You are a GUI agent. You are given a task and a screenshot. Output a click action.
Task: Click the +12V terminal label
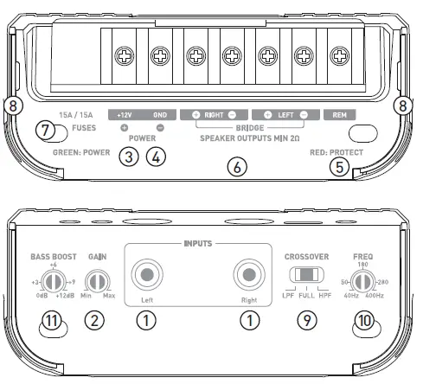125,114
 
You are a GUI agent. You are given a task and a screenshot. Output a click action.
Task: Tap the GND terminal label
159,114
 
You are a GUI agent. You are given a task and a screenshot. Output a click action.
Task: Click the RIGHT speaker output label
214,114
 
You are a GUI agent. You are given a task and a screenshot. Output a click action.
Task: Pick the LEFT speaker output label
285,114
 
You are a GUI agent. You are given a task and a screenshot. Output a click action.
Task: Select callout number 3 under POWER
129,157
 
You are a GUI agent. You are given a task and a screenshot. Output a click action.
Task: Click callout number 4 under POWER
155,157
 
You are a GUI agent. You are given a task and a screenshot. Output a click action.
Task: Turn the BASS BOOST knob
54,282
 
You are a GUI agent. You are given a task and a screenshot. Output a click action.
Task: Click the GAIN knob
97,282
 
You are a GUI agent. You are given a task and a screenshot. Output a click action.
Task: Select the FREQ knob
363,282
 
